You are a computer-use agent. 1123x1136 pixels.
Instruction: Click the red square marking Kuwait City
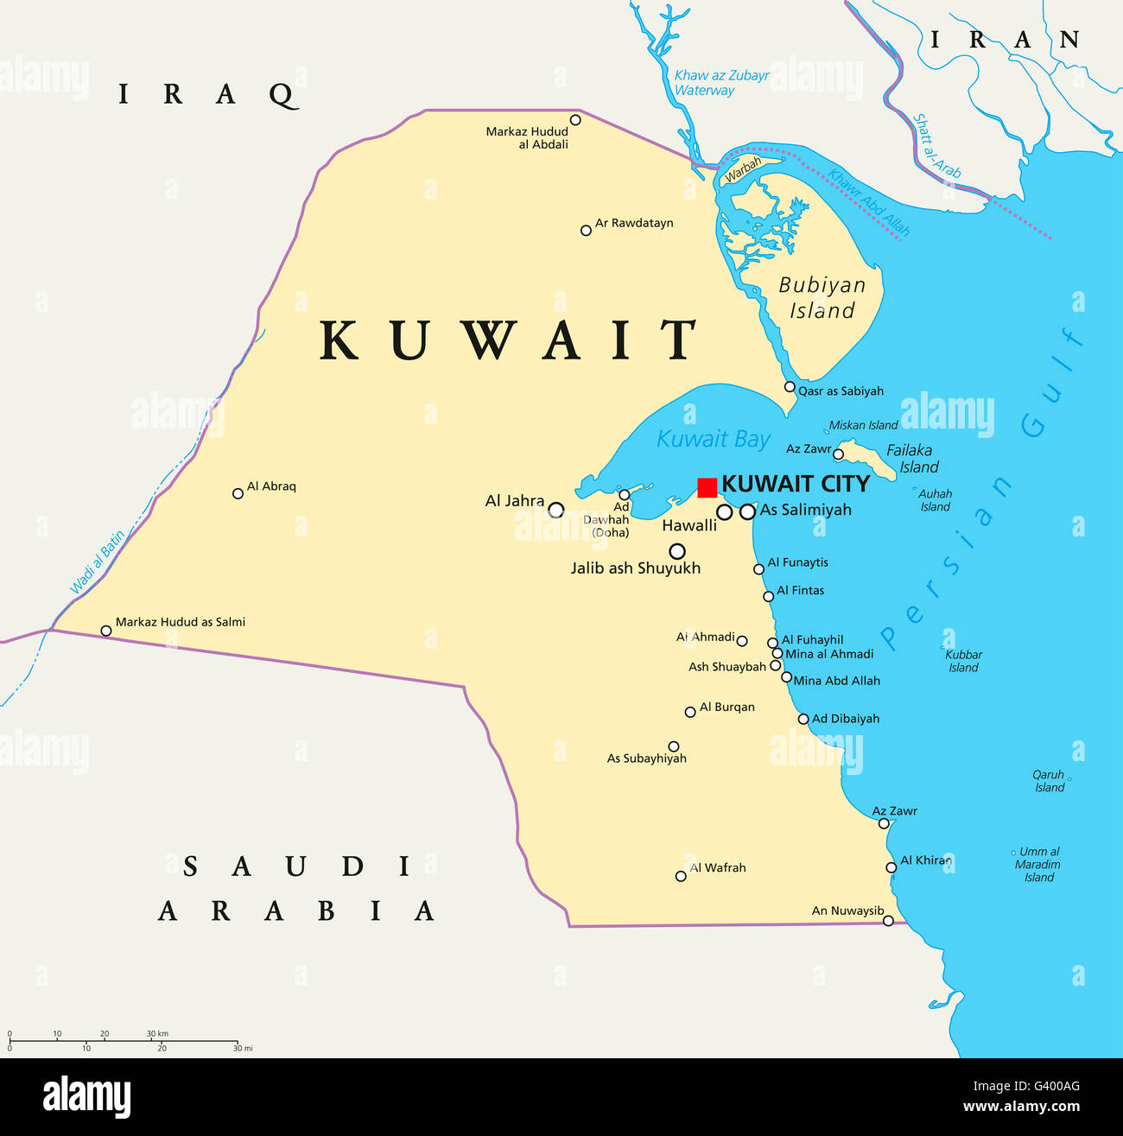(707, 487)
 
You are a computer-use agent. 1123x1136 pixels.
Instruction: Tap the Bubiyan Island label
(822, 297)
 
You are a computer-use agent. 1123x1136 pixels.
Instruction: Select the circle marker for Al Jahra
(556, 510)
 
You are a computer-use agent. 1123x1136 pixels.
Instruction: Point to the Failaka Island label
(910, 458)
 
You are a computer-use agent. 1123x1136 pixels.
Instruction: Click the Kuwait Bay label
(713, 439)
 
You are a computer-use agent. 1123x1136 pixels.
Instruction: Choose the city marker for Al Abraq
(238, 493)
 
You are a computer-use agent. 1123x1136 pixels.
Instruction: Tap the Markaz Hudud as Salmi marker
(106, 631)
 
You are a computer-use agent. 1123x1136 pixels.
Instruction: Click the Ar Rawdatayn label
(633, 223)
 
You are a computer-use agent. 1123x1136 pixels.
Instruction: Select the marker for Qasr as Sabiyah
(790, 386)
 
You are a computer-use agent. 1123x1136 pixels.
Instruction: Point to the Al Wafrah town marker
(681, 876)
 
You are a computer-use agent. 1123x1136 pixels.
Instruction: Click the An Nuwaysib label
(847, 911)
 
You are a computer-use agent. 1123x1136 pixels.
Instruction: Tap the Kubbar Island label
(963, 661)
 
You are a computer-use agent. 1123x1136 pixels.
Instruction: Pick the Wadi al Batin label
(98, 562)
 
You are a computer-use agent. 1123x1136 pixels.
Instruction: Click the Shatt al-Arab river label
(937, 146)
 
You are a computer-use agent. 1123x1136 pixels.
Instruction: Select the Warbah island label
(742, 169)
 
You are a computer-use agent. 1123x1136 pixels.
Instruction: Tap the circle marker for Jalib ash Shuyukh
(677, 551)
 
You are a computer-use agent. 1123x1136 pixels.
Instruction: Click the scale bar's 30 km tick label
(156, 1033)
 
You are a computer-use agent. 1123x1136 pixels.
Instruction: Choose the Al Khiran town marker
(891, 867)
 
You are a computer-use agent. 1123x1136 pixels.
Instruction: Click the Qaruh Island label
(1049, 781)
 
